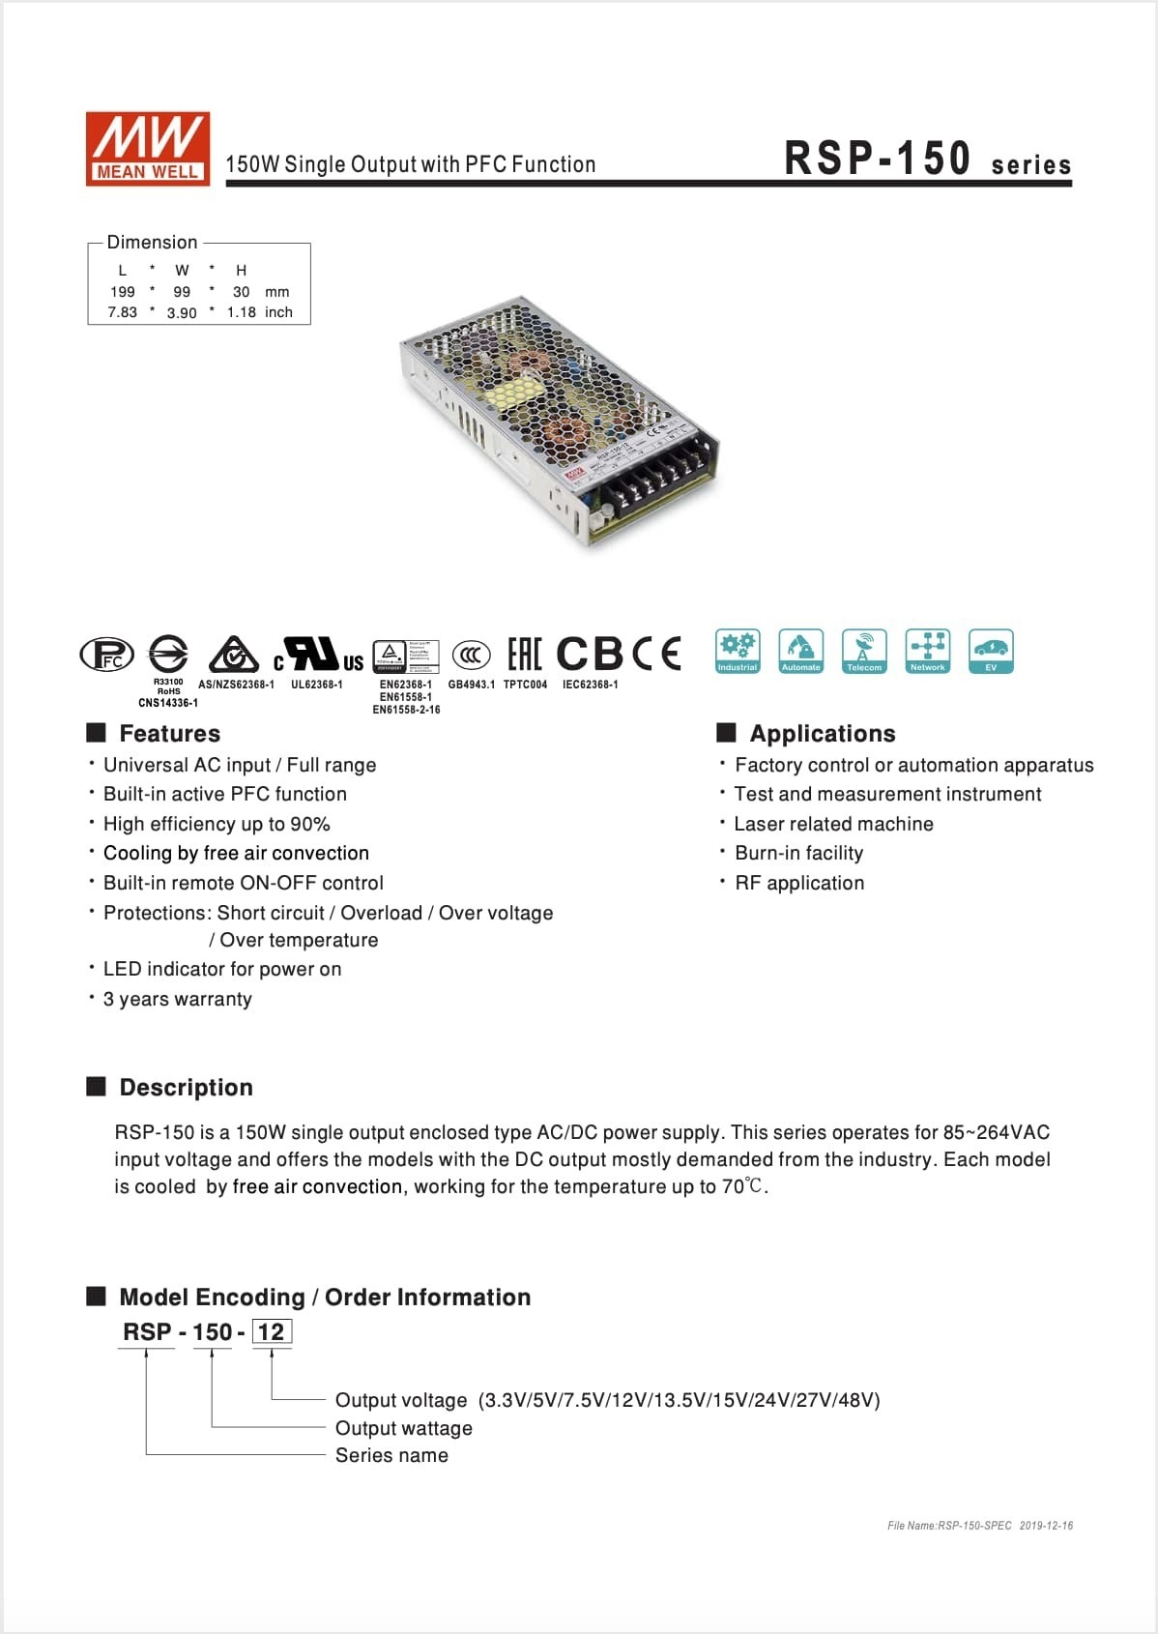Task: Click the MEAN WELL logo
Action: [x=148, y=148]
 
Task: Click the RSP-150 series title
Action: [x=926, y=160]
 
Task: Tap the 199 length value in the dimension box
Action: [x=123, y=292]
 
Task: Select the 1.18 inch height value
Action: [x=242, y=312]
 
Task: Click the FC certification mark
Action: [x=106, y=655]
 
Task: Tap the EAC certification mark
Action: [x=525, y=654]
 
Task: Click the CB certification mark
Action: [x=591, y=654]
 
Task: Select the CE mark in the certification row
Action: [x=657, y=654]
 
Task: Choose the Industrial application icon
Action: [x=738, y=651]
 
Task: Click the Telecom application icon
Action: [x=864, y=651]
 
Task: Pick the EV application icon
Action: [x=991, y=651]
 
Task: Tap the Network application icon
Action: [x=927, y=651]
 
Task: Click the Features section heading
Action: [x=169, y=733]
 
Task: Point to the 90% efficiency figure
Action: [x=310, y=824]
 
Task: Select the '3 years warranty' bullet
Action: [x=177, y=999]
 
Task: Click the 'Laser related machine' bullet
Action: [x=833, y=824]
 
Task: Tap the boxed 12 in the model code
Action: [x=272, y=1332]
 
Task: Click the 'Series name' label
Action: [x=391, y=1455]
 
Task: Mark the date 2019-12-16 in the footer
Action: [x=1046, y=1526]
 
